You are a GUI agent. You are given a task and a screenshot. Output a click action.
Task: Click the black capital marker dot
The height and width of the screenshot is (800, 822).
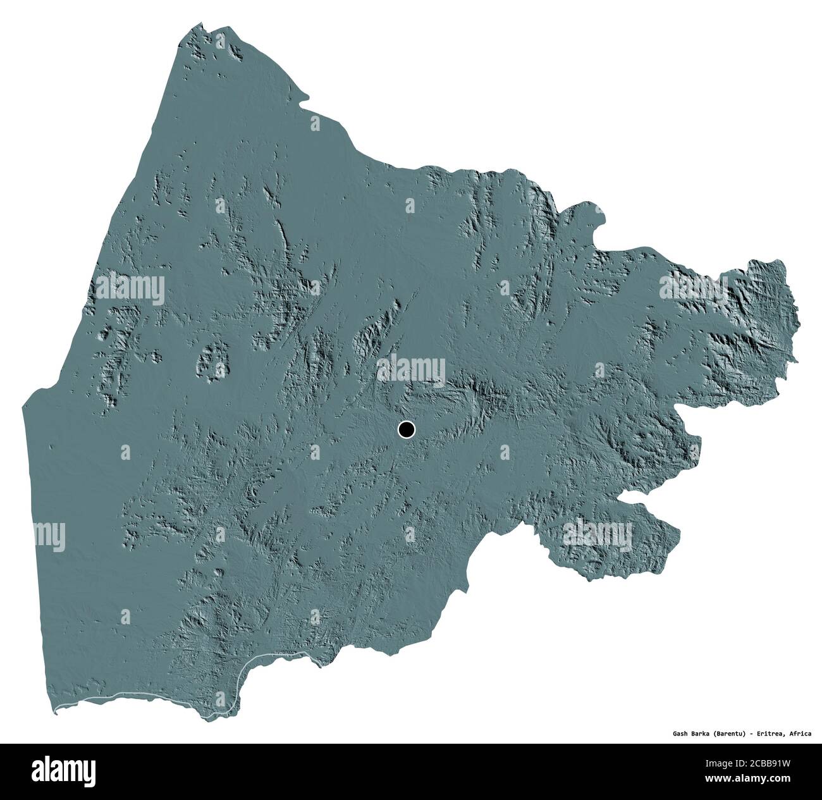click(406, 430)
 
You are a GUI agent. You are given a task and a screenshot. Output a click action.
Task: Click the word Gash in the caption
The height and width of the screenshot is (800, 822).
click(681, 734)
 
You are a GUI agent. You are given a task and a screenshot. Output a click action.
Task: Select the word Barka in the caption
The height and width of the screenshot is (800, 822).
click(704, 734)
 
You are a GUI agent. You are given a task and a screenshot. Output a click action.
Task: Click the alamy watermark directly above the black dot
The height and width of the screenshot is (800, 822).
click(411, 368)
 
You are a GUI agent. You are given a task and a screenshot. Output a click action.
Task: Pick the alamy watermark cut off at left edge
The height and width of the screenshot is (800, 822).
click(49, 535)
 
